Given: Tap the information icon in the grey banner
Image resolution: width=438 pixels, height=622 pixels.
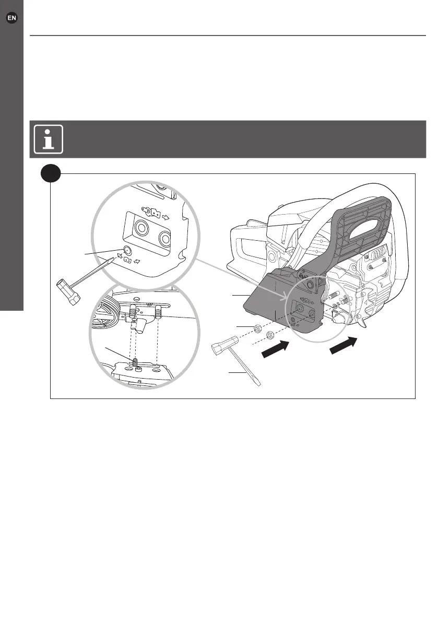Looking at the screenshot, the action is coord(49,139).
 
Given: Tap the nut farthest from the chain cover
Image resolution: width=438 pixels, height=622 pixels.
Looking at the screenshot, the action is coord(257,329).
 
